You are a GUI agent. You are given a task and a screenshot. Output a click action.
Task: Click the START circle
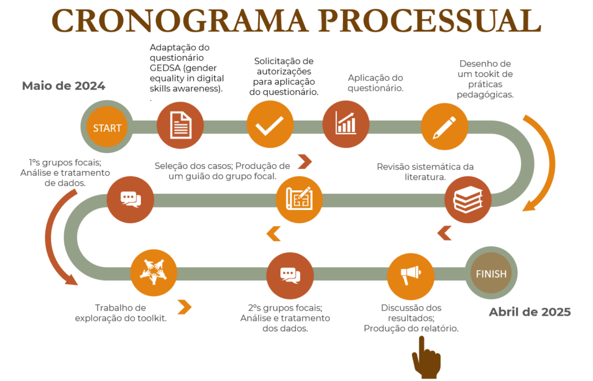107,127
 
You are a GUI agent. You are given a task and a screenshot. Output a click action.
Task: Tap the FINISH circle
491,273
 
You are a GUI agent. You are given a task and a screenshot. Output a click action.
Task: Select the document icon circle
181,125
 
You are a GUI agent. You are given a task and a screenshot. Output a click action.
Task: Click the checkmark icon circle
270,124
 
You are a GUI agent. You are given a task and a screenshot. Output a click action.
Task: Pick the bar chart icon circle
346,124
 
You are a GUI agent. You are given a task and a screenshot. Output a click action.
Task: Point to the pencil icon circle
444,127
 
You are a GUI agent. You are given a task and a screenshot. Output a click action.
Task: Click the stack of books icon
468,199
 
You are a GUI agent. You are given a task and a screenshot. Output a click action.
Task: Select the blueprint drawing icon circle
299,199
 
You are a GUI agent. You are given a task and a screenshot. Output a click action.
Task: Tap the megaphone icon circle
411,276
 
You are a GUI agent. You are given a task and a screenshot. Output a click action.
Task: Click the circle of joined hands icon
153,272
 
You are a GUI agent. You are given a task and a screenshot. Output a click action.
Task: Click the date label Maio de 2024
64,86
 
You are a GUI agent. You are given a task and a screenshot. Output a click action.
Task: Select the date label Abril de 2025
529,312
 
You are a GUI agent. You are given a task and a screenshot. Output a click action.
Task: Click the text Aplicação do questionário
375,83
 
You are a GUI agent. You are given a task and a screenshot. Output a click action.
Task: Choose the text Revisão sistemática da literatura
425,172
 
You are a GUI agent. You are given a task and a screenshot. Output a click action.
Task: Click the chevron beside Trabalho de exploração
185,307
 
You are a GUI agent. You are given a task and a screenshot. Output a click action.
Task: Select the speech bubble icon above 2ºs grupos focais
290,275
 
